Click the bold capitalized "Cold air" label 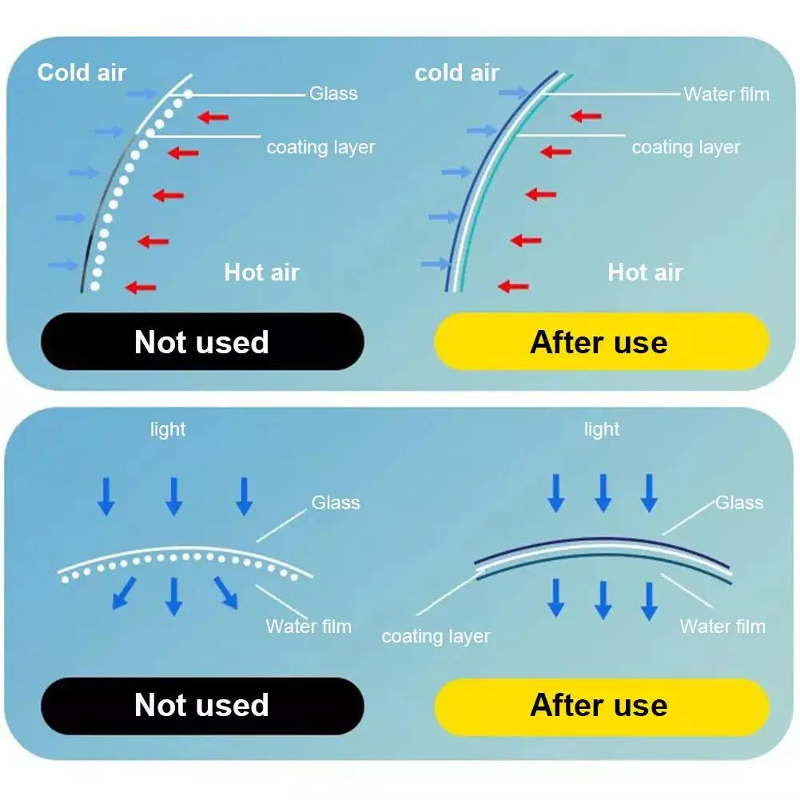(x=82, y=72)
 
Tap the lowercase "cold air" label (x=456, y=73)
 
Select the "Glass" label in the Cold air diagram (x=333, y=94)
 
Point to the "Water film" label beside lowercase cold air (x=726, y=94)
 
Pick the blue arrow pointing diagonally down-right (x=225, y=593)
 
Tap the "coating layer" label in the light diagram (x=436, y=636)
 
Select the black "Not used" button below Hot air (x=201, y=342)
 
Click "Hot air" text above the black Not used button (x=261, y=272)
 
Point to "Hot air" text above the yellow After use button (x=645, y=272)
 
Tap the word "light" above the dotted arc (x=168, y=429)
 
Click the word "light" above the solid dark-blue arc (x=602, y=429)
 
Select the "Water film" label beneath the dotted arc (x=308, y=626)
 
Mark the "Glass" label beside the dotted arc (x=336, y=503)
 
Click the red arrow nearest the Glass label (x=213, y=117)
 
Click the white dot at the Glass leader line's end (x=189, y=94)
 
